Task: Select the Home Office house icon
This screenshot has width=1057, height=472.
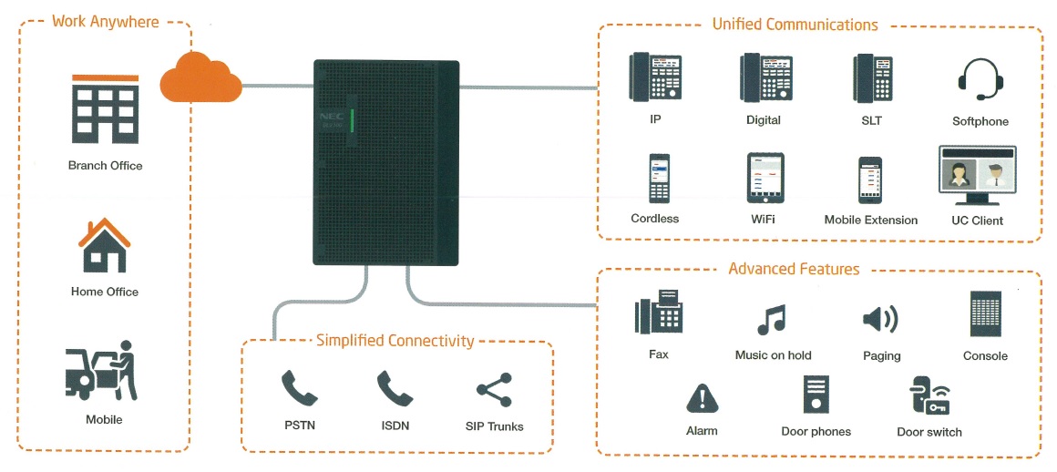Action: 105,245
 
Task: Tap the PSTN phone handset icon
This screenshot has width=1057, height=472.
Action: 299,388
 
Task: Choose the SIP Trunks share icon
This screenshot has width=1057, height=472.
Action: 494,390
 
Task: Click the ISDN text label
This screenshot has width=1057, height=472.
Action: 395,426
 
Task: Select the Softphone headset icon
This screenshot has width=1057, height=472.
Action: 980,79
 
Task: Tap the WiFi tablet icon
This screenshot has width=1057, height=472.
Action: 765,178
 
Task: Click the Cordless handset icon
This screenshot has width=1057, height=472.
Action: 659,179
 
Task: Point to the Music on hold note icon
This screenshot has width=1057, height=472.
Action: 772,320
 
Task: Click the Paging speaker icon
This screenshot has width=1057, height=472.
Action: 880,319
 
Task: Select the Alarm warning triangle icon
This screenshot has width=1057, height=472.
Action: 703,398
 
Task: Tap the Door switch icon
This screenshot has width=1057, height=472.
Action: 929,395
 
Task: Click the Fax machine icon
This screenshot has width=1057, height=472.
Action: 657,312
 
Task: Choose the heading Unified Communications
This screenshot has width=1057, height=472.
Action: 795,25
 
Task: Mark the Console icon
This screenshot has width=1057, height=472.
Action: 986,313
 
